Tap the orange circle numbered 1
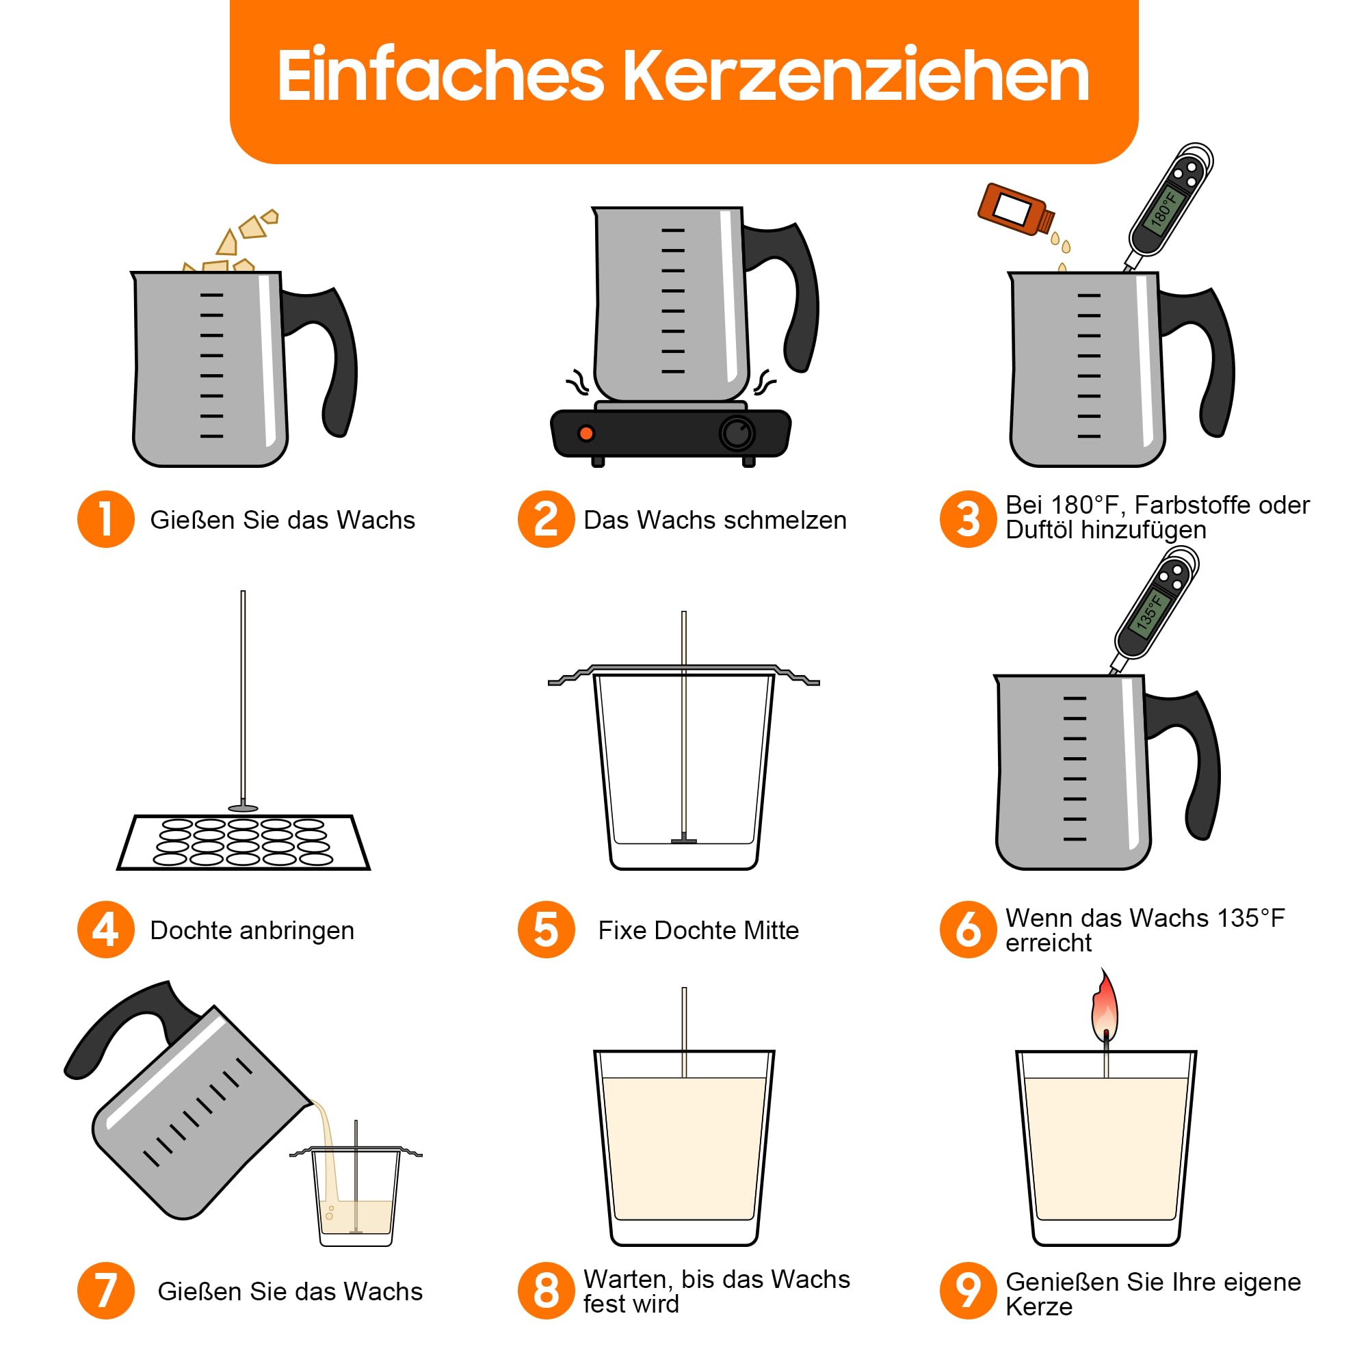point(106,519)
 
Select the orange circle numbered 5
point(546,930)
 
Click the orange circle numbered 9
point(968,1291)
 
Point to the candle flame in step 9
point(1105,1006)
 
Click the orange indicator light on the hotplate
point(586,434)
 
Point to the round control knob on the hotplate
point(737,434)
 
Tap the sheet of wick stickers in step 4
point(244,843)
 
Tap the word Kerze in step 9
point(1040,1307)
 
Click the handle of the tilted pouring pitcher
point(135,1027)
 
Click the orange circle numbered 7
point(106,1291)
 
